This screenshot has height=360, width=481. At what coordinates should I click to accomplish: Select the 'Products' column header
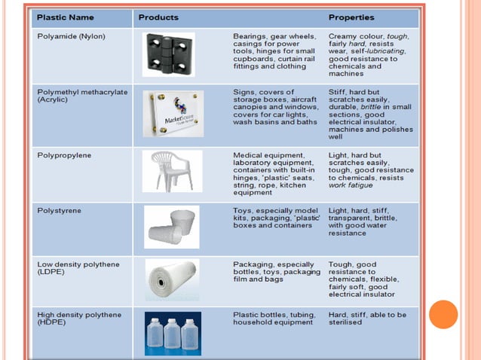(158, 17)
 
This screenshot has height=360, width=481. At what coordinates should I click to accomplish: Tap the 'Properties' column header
(351, 17)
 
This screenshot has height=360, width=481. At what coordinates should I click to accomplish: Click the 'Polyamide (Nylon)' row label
(71, 36)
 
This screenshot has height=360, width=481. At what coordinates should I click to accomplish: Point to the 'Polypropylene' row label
(64, 155)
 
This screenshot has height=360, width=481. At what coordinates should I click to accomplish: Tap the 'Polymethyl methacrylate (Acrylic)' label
(82, 96)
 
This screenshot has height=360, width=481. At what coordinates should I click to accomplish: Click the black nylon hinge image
(168, 54)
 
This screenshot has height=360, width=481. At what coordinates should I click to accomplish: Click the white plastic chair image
(172, 171)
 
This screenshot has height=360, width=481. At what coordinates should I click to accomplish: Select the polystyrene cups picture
(172, 227)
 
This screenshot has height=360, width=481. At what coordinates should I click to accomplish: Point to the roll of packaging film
(172, 280)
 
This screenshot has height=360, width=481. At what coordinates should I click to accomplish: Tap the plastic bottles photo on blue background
(173, 333)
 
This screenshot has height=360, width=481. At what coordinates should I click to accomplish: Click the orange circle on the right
(443, 314)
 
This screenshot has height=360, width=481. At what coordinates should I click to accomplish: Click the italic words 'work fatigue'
(351, 185)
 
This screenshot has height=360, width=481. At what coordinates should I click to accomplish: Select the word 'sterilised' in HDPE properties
(345, 322)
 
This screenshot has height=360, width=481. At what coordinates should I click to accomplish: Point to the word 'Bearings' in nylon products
(251, 36)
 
